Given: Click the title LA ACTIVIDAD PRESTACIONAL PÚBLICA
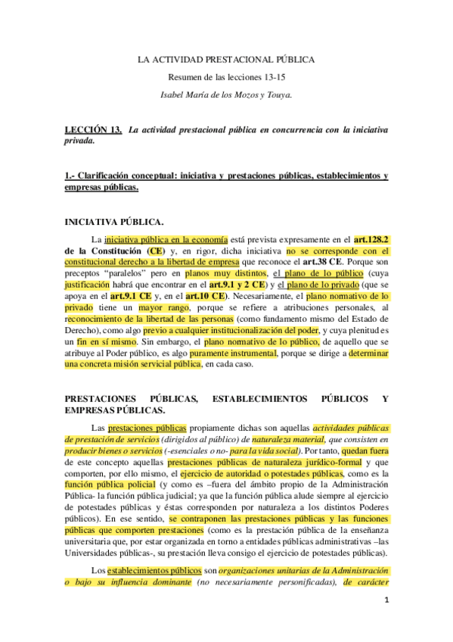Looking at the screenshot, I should point(226,58).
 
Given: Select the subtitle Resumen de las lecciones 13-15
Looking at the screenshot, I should point(225,77).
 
